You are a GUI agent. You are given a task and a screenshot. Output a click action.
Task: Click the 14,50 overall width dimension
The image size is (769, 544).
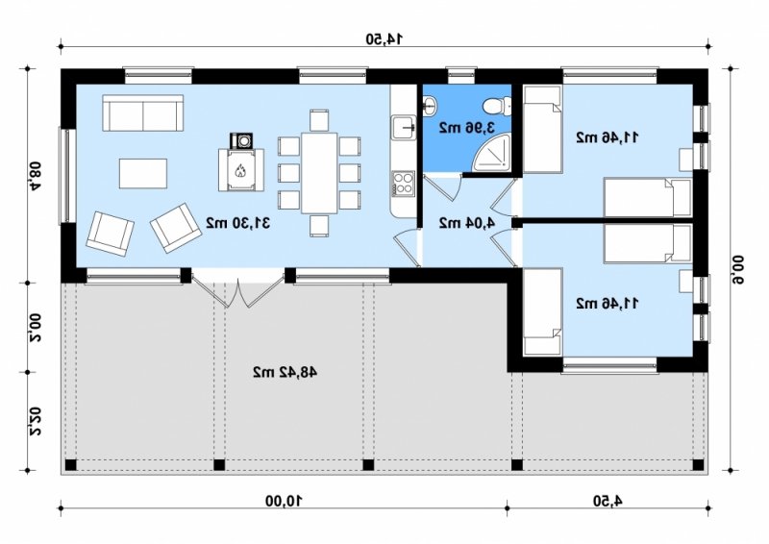point(384,38)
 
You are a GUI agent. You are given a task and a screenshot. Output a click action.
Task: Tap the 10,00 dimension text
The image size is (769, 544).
point(284,502)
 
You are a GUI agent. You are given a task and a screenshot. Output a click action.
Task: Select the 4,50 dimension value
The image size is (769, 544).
point(608,502)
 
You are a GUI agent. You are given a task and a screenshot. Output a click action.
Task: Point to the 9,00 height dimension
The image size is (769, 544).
point(738,269)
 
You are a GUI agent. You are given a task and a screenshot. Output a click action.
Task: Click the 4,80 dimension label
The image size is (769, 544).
point(34,176)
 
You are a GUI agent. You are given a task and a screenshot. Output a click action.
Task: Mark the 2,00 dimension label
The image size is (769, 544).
point(34,328)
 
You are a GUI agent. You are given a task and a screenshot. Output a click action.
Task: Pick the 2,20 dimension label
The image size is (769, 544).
point(34,421)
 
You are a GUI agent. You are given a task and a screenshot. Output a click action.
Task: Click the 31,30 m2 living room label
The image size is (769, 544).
point(237,223)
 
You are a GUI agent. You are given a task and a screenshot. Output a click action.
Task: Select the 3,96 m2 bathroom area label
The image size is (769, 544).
point(466,128)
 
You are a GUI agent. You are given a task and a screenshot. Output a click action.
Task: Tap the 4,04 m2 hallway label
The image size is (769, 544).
point(466,223)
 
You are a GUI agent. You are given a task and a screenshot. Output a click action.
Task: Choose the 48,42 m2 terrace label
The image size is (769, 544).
point(285,372)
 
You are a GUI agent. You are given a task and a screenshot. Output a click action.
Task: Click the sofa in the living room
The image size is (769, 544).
point(142,112)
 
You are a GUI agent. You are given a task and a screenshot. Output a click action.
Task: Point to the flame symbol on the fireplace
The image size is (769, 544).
point(240,171)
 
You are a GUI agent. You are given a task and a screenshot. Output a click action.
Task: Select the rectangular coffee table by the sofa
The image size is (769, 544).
point(142,173)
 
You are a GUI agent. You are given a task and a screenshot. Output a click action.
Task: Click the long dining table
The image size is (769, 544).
point(319,173)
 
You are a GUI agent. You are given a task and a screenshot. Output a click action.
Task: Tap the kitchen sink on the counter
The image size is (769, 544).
point(403,127)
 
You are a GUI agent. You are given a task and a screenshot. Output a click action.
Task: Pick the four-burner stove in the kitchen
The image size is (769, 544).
point(403,184)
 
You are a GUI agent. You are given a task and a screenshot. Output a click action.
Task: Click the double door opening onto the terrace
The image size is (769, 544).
point(237,289)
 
